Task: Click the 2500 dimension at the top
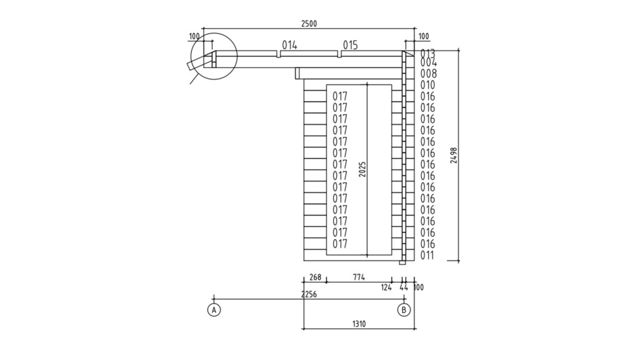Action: click(309, 24)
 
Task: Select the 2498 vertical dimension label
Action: click(454, 156)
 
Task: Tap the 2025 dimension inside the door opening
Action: click(362, 169)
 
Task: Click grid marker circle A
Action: click(214, 309)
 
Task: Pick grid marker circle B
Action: click(404, 309)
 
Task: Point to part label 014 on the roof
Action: click(289, 45)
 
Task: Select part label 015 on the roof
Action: click(350, 45)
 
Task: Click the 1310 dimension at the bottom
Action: click(359, 324)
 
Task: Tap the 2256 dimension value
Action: click(309, 294)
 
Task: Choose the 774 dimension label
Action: click(359, 277)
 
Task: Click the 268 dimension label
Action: click(315, 277)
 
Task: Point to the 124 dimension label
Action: click(386, 287)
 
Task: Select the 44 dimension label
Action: click(404, 287)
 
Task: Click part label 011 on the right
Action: click(427, 256)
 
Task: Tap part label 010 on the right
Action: click(427, 85)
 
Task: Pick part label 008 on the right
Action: click(427, 74)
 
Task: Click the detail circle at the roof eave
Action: click(214, 56)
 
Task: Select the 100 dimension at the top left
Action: click(194, 36)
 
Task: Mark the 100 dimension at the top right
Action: click(423, 36)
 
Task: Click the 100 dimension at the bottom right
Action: click(418, 287)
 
